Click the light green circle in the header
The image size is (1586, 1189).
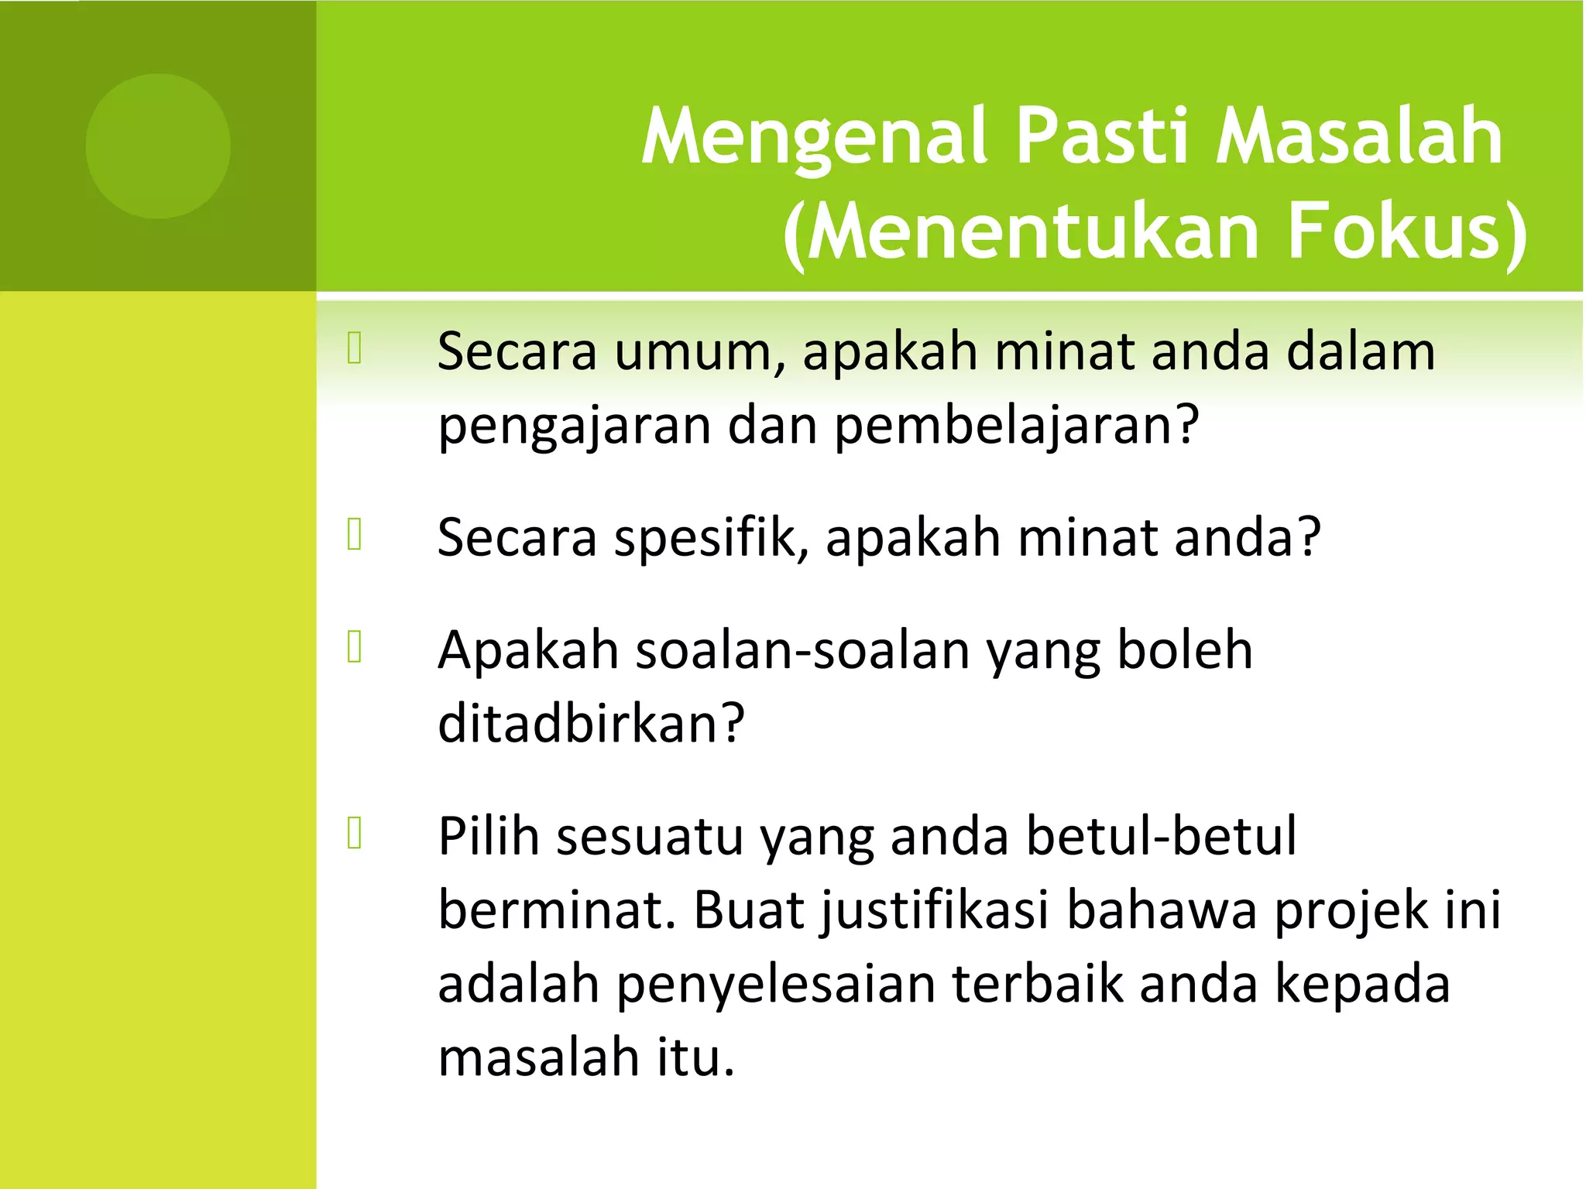158,146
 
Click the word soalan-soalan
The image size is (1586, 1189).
802,650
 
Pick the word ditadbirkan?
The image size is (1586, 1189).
591,724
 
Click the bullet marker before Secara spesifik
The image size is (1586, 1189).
355,534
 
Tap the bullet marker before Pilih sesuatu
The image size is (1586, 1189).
355,833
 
